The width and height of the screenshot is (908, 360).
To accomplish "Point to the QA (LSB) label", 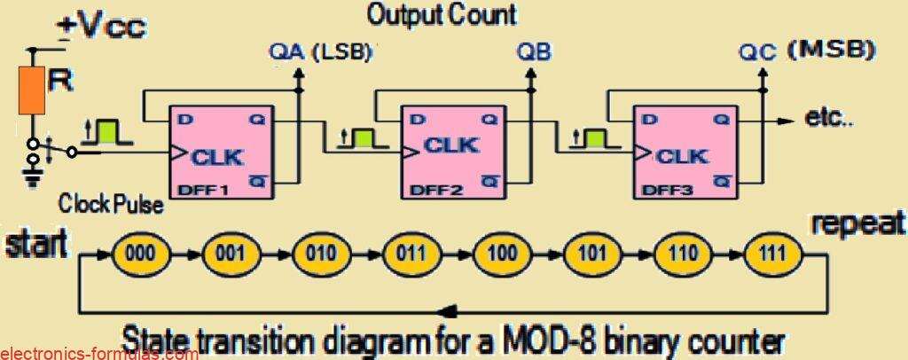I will point(318,53).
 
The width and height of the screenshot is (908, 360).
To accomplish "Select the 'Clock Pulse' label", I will point(112,205).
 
